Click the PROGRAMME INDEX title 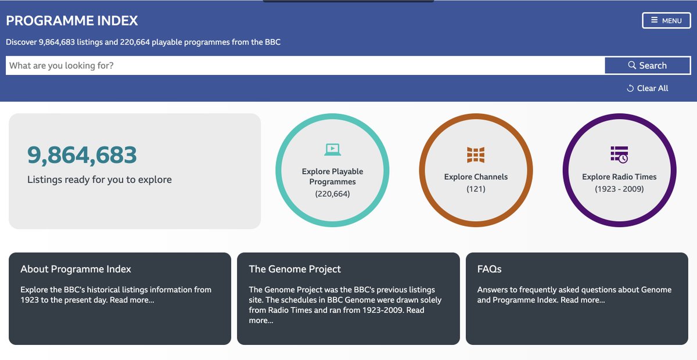coord(72,21)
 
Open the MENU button coord(666,20)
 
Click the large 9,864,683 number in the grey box coord(82,155)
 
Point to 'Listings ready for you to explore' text coord(99,179)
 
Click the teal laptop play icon coord(332,149)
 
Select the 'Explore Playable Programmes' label coord(332,177)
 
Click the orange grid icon coord(476,154)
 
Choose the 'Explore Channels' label coord(476,177)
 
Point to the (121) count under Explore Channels coord(476,189)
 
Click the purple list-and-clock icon coord(619,154)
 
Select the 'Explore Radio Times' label coord(619,177)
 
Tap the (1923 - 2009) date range coord(619,189)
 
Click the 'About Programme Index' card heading coord(76,269)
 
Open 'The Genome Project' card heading coord(294,269)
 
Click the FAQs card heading coord(489,269)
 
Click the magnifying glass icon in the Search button coord(632,66)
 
